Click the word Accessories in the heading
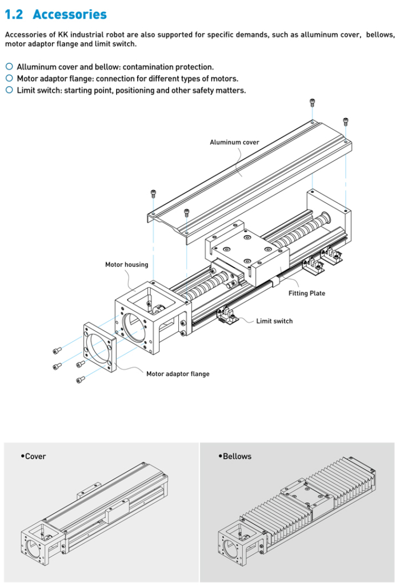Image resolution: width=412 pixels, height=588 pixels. click(70, 14)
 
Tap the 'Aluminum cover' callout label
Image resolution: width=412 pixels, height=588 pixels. click(234, 142)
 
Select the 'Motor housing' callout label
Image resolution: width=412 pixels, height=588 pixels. click(126, 264)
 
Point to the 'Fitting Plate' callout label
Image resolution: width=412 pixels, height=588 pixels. click(307, 293)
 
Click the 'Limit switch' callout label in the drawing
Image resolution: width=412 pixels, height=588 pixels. click(274, 321)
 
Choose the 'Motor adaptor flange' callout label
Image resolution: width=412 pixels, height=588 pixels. click(178, 374)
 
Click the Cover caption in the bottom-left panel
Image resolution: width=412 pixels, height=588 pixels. click(35, 456)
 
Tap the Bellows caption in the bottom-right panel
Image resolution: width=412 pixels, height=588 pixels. click(237, 456)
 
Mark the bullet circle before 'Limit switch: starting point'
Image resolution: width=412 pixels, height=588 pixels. click(9, 90)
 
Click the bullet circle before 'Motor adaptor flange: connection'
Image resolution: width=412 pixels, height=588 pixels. click(9, 78)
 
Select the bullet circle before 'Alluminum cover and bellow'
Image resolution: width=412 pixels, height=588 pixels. click(9, 67)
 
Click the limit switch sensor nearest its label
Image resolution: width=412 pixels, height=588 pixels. click(229, 316)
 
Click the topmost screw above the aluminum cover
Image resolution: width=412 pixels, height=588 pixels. click(312, 103)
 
